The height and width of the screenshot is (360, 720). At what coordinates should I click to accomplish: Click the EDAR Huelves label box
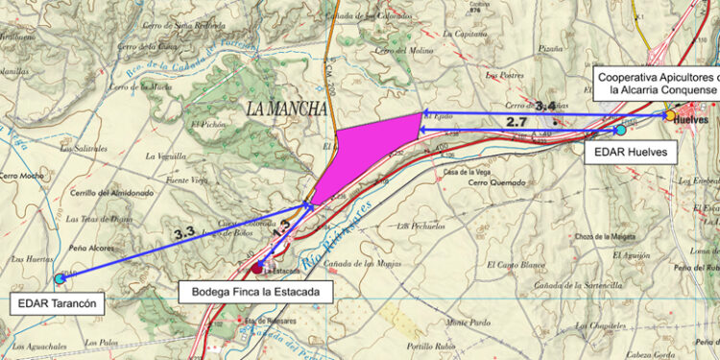631,151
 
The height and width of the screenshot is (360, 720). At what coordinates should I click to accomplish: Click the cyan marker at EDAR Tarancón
60,278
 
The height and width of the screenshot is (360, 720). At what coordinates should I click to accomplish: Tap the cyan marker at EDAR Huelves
620,130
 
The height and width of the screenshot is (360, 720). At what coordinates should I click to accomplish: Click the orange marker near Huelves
668,115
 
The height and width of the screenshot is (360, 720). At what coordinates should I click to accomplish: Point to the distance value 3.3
184,231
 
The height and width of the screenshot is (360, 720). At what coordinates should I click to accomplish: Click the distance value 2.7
516,122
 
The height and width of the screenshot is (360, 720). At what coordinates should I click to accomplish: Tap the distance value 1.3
280,229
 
